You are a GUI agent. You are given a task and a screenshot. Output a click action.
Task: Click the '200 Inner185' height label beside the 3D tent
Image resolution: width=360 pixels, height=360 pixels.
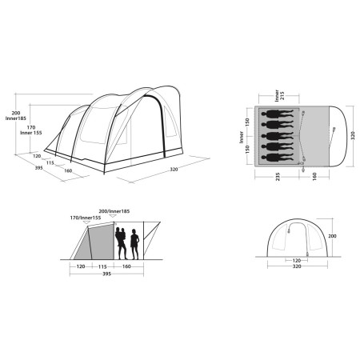16,116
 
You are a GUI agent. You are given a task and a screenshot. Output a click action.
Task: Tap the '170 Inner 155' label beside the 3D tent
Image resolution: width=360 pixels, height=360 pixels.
31,130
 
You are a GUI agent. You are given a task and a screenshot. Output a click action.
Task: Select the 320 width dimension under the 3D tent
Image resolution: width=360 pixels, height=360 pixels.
174,170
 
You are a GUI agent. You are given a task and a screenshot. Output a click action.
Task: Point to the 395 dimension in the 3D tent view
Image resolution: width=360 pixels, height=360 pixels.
39,168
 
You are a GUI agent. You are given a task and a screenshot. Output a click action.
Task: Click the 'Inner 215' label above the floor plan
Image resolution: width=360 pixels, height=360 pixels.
279,95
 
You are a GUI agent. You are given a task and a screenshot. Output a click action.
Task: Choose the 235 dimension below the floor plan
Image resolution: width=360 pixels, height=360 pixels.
278,177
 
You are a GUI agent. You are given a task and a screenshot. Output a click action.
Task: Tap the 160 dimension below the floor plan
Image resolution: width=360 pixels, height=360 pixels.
314,177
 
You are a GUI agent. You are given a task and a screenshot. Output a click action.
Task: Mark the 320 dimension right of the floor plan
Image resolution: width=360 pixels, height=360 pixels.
353,135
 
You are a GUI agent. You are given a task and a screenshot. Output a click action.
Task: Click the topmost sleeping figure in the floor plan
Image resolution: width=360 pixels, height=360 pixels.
278,114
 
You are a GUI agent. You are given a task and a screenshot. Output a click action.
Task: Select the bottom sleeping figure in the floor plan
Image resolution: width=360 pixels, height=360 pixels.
278,158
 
